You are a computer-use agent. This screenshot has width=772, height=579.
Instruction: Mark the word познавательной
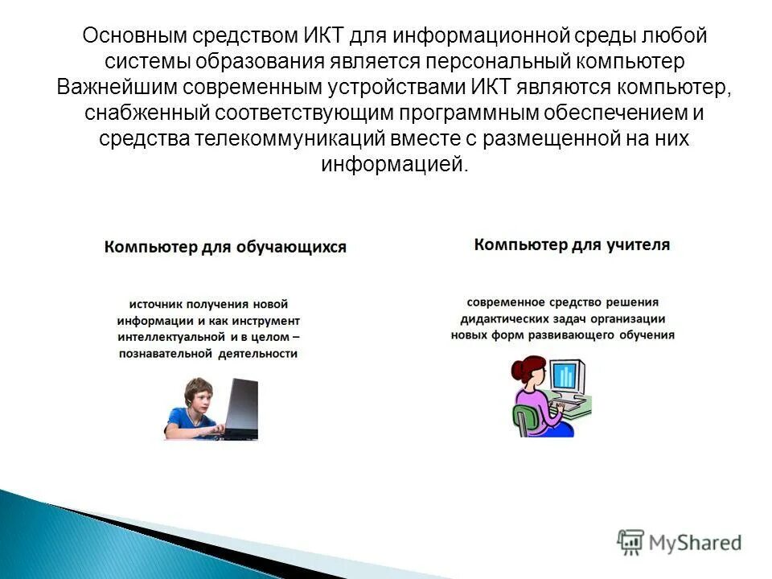click(x=165, y=353)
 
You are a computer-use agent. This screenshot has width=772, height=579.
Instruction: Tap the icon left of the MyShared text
click(x=630, y=542)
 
